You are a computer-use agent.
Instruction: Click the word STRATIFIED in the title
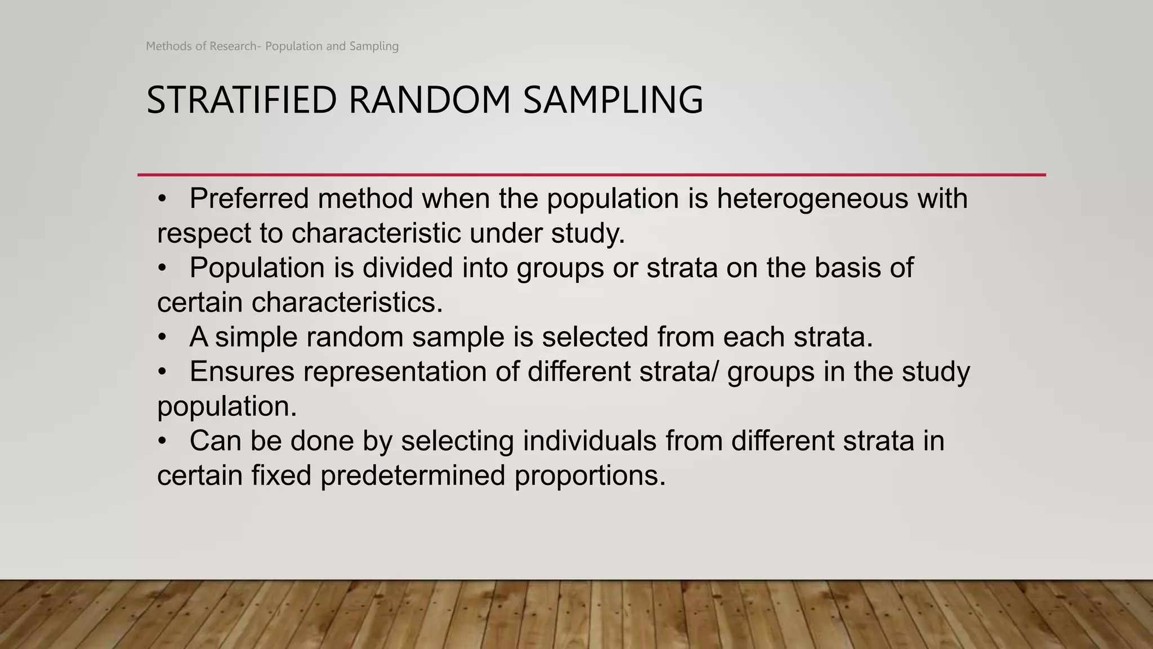click(242, 100)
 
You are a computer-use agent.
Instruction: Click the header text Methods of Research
click(201, 46)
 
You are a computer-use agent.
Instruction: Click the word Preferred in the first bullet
click(249, 199)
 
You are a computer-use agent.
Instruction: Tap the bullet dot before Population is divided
click(162, 268)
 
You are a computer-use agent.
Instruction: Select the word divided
click(408, 268)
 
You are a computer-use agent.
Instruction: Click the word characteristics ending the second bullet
click(347, 303)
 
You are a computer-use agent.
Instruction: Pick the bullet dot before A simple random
click(162, 337)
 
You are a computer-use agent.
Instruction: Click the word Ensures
click(242, 372)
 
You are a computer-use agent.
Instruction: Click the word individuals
click(589, 441)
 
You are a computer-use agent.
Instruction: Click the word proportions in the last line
click(589, 476)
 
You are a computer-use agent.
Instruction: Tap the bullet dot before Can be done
click(162, 441)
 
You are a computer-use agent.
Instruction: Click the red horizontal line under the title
click(591, 175)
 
